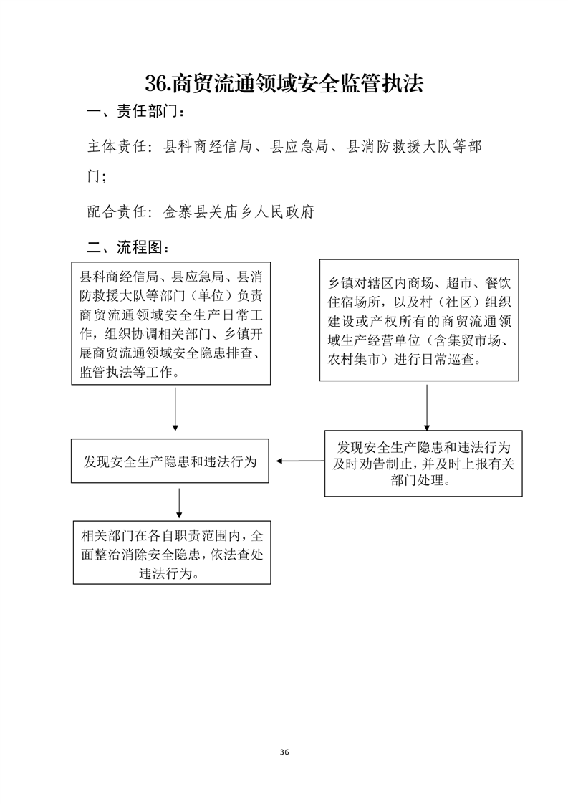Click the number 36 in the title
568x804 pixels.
(x=156, y=83)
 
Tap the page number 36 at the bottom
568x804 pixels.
(x=284, y=752)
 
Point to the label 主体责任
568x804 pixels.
(x=117, y=147)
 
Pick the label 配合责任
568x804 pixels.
(x=117, y=211)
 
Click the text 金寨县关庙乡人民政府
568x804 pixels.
(x=239, y=211)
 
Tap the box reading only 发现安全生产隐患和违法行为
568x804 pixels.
(x=170, y=461)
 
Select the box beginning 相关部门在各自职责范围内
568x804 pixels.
(x=172, y=552)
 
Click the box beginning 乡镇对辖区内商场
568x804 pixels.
(x=419, y=320)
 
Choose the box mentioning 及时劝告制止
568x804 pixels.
(x=423, y=464)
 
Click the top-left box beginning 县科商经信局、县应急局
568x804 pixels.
(x=170, y=324)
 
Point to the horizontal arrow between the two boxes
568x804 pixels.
(x=300, y=461)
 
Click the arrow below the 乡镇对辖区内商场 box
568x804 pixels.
(x=426, y=408)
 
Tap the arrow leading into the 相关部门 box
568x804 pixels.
(x=179, y=503)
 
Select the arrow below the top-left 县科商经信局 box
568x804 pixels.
(x=175, y=409)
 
